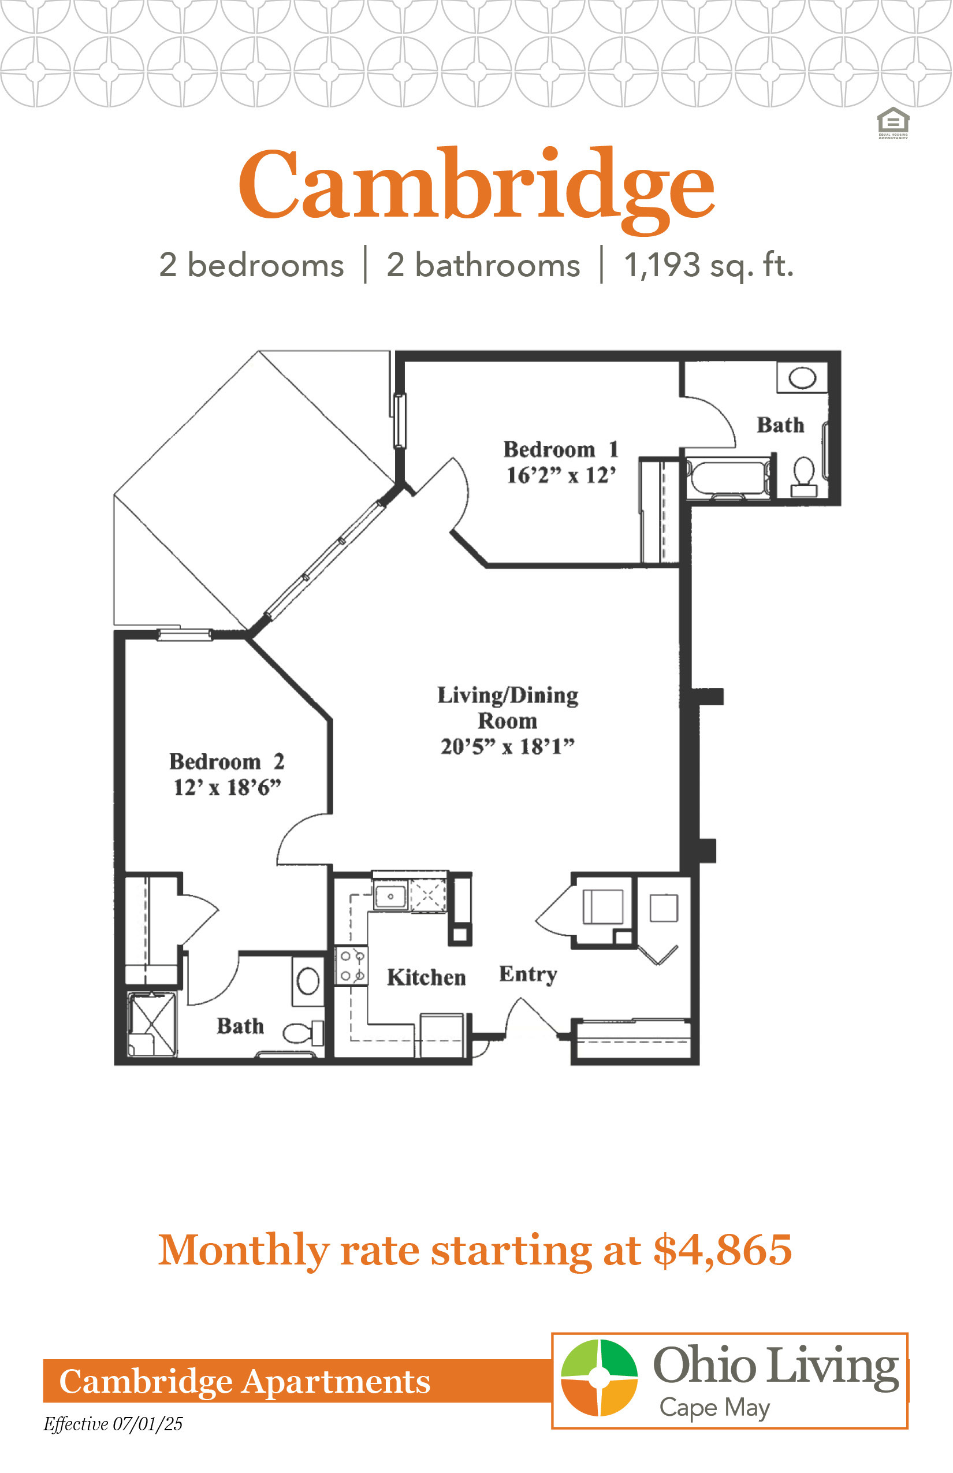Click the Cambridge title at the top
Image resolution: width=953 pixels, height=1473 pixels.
(x=477, y=185)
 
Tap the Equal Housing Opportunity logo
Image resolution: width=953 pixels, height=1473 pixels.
(x=893, y=123)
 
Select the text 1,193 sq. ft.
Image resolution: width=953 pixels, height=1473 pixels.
(x=709, y=266)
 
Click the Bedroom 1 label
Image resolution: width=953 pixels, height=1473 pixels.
(x=561, y=449)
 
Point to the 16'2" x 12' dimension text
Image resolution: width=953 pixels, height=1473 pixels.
(x=561, y=475)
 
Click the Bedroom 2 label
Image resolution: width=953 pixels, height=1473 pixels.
(x=227, y=761)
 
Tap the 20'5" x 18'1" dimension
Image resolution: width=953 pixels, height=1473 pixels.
(x=508, y=746)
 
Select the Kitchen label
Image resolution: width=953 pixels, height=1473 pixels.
(x=426, y=977)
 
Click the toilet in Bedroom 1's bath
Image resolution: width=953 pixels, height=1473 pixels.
(x=804, y=477)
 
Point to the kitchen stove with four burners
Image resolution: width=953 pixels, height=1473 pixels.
(x=352, y=965)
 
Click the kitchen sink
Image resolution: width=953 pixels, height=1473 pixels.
(x=390, y=896)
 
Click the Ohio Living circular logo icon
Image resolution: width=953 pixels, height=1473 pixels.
(x=599, y=1378)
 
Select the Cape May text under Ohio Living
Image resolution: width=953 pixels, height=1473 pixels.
(x=715, y=1407)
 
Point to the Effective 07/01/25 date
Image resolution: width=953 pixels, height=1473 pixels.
(x=113, y=1424)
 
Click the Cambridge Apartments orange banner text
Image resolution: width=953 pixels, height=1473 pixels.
(x=244, y=1381)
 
